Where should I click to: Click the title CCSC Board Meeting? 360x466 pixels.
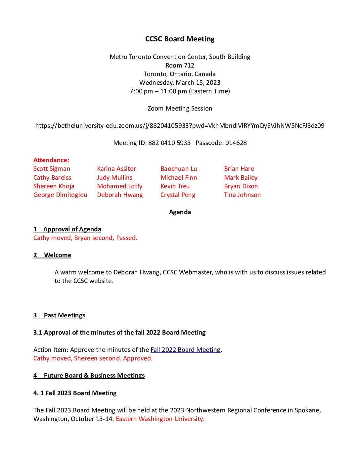(x=180, y=39)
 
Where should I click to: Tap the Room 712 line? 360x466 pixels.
(x=180, y=66)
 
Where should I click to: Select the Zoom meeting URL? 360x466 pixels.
(x=180, y=126)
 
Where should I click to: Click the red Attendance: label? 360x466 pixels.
(x=51, y=160)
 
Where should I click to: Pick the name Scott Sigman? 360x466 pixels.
(x=52, y=169)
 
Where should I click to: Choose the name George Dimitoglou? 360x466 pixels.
(x=60, y=195)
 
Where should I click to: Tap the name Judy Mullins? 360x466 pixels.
(x=114, y=178)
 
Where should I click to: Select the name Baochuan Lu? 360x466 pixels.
(x=179, y=169)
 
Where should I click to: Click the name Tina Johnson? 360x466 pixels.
(x=242, y=195)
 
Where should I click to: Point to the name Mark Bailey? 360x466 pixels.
(x=241, y=178)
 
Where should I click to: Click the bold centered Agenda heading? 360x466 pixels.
(x=180, y=212)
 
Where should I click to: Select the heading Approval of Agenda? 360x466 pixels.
(x=72, y=229)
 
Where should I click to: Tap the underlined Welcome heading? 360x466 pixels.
(x=58, y=255)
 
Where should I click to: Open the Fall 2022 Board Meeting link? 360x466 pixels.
(x=185, y=350)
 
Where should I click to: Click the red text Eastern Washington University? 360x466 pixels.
(x=160, y=419)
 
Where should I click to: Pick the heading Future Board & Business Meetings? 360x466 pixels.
(x=94, y=376)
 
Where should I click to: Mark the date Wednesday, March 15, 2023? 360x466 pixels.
(x=180, y=83)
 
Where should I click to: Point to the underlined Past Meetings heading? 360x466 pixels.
(x=65, y=315)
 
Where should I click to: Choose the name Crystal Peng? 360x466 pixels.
(x=178, y=195)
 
